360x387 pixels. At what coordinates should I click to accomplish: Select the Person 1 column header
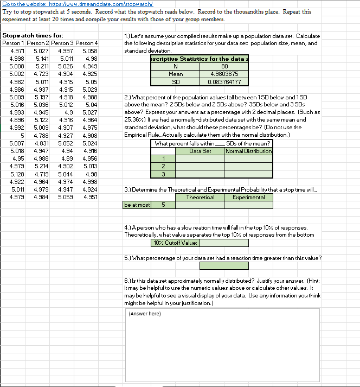(13, 43)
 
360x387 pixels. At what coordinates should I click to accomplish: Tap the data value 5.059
(66, 197)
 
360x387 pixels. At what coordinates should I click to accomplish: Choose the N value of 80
(226, 66)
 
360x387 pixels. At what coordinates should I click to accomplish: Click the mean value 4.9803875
(226, 74)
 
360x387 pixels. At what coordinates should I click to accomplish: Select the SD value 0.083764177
(226, 82)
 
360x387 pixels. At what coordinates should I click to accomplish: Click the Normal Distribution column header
(248, 151)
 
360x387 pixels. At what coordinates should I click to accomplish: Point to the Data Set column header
(200, 151)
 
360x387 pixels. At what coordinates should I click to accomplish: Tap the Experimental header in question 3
(248, 198)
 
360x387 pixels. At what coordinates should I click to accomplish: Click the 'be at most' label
(137, 205)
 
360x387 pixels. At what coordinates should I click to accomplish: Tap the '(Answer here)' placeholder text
(144, 313)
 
